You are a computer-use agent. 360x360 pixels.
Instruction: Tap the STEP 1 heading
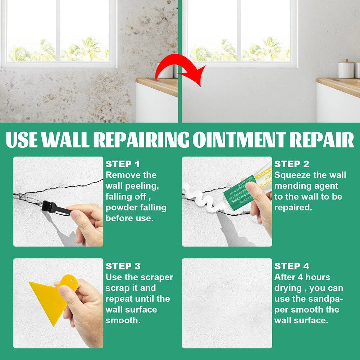coord(123,164)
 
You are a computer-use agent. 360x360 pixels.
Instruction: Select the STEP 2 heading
coord(292,164)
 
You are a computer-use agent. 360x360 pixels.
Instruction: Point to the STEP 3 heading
coord(123,266)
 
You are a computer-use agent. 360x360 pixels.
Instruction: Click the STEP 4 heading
coord(292,266)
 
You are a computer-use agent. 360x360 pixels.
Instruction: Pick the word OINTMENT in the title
coord(240,140)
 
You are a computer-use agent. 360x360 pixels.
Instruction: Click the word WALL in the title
coord(64,140)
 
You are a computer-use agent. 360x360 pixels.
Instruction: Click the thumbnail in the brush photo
coord(75,215)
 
